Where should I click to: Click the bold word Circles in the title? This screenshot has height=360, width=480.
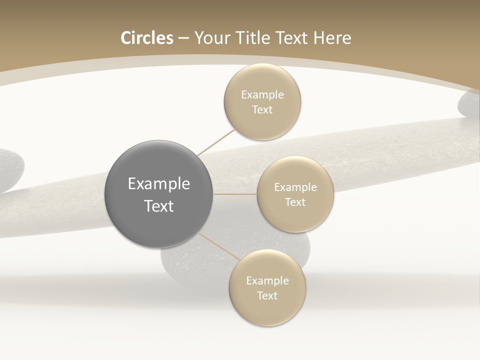coord(146,38)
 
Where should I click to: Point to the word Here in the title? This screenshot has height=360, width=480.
coord(332,38)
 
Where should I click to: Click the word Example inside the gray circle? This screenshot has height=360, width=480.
coord(159,184)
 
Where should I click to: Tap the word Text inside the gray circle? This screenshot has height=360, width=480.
coord(159,206)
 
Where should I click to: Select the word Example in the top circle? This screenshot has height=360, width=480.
coord(262,95)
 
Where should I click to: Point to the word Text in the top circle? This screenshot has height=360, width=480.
coord(262,109)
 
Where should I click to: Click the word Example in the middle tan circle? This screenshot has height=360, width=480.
coord(295,187)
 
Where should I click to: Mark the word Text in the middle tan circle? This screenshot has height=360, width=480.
coord(295,202)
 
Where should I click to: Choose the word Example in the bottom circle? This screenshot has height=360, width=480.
coord(267,281)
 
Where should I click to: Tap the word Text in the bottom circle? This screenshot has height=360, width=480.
coord(267,295)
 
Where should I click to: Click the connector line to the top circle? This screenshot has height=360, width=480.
coord(216,142)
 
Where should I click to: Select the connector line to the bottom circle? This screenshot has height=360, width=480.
coord(220,246)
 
